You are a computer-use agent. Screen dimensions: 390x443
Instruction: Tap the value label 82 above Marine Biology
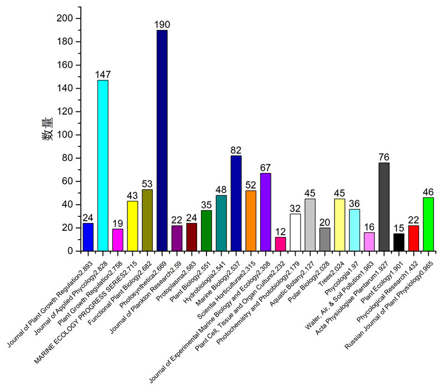click(x=236, y=151)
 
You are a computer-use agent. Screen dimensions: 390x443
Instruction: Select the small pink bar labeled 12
click(x=280, y=244)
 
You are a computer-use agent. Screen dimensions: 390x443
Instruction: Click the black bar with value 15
click(x=399, y=242)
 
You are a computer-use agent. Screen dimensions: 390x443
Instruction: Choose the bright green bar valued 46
click(x=428, y=224)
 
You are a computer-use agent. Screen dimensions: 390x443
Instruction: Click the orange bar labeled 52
click(x=250, y=221)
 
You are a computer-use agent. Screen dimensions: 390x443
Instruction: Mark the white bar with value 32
click(x=295, y=232)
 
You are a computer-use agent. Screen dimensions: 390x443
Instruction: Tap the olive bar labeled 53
click(x=147, y=220)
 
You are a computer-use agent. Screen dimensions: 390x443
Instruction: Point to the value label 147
click(x=102, y=74)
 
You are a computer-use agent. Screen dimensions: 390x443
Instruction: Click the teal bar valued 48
click(x=221, y=223)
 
